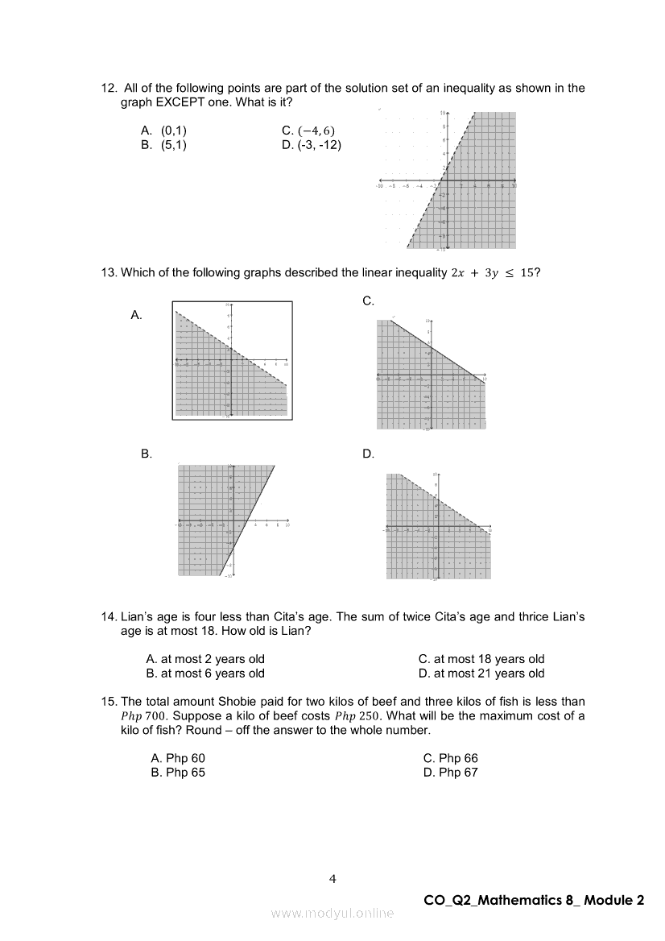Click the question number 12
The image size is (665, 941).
tap(109, 88)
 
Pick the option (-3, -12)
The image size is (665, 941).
tap(312, 145)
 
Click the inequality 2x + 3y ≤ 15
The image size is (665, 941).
tap(489, 272)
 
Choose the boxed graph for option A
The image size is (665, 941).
tap(232, 360)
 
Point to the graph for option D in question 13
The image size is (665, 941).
tap(438, 526)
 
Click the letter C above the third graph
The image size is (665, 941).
tap(368, 301)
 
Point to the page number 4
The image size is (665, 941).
tap(332, 879)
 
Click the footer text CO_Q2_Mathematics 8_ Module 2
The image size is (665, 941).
tap(534, 901)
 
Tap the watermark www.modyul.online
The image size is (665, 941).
tap(332, 913)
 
